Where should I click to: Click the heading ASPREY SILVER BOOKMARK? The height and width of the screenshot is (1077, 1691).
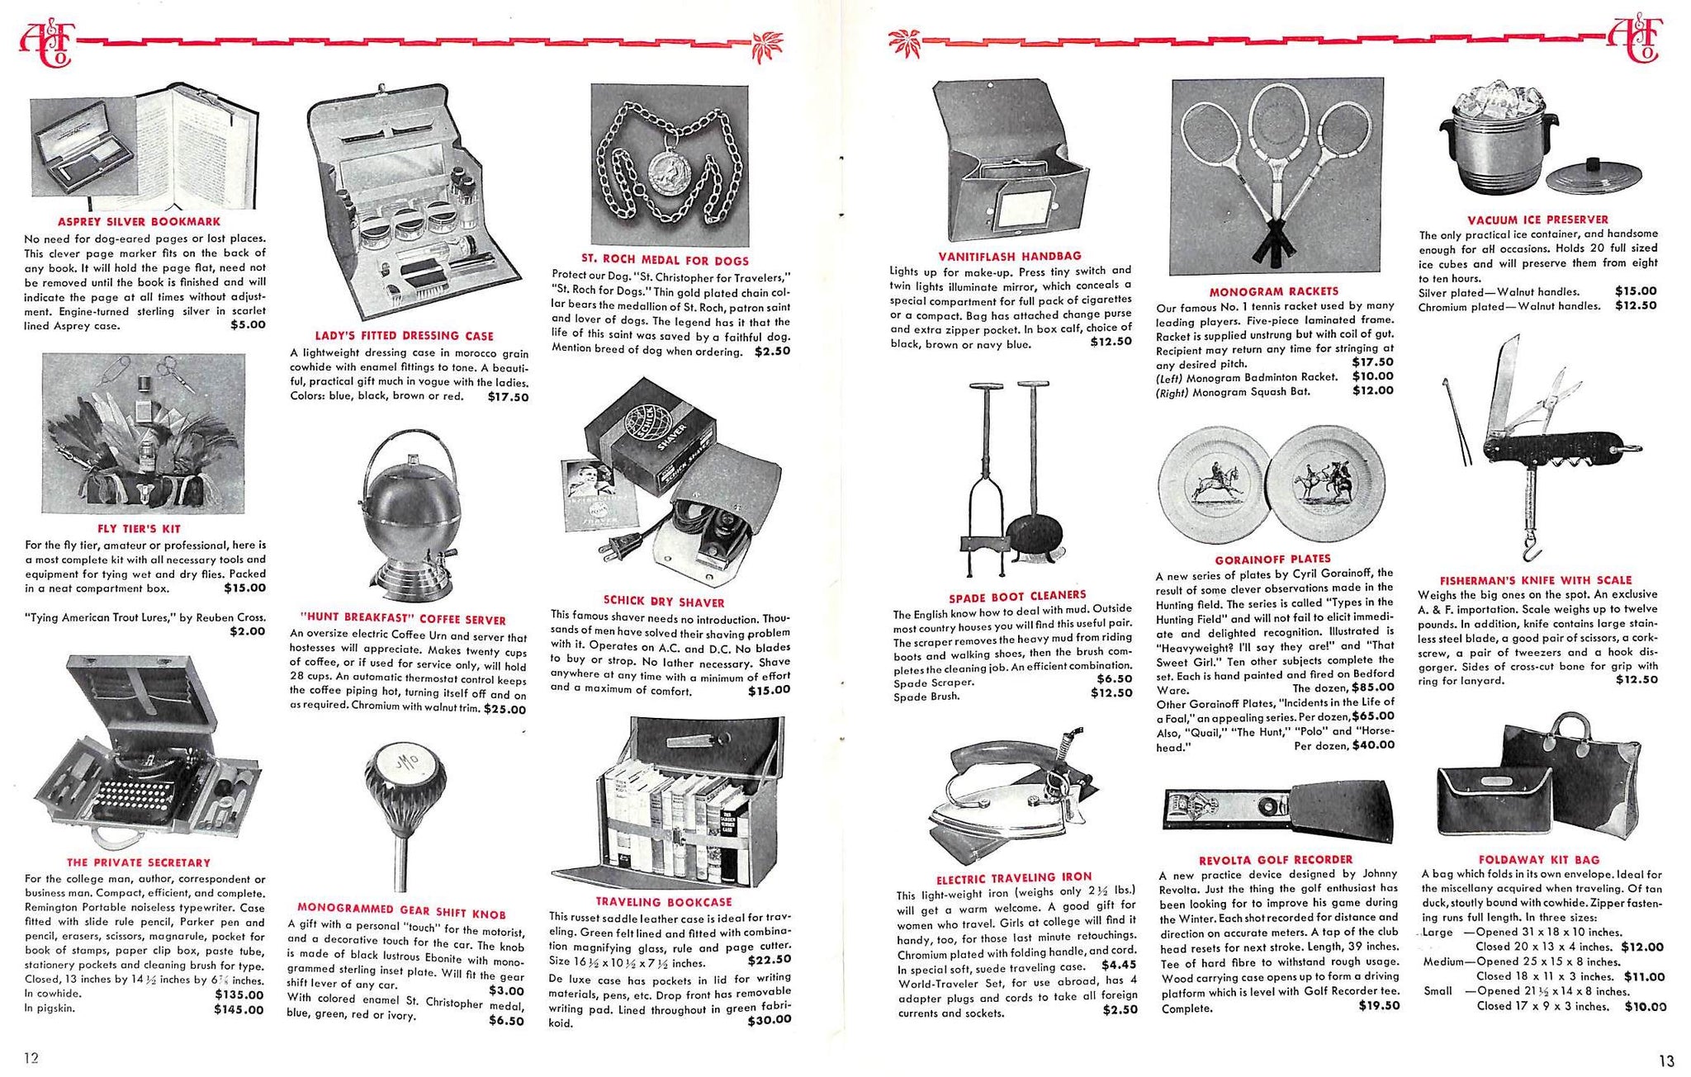[x=139, y=221]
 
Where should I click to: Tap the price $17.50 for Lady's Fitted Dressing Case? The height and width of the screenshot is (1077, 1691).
[x=508, y=397]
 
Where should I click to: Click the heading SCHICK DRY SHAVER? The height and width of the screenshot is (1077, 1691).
[x=664, y=602]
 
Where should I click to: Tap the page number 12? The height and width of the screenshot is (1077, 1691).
[x=31, y=1058]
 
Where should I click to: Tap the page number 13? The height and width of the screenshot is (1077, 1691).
[x=1665, y=1060]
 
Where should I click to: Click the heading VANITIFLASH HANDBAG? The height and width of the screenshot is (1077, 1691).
[x=1009, y=256]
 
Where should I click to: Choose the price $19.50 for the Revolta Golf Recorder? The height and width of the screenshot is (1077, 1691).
[x=1379, y=1005]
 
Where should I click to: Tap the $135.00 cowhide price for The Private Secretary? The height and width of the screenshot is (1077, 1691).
[x=239, y=994]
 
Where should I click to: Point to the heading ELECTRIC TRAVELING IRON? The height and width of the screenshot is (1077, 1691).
[x=1013, y=876]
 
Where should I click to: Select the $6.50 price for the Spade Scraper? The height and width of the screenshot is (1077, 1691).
[x=1114, y=678]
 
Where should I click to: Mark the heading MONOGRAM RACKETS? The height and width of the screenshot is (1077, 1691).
[x=1274, y=291]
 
